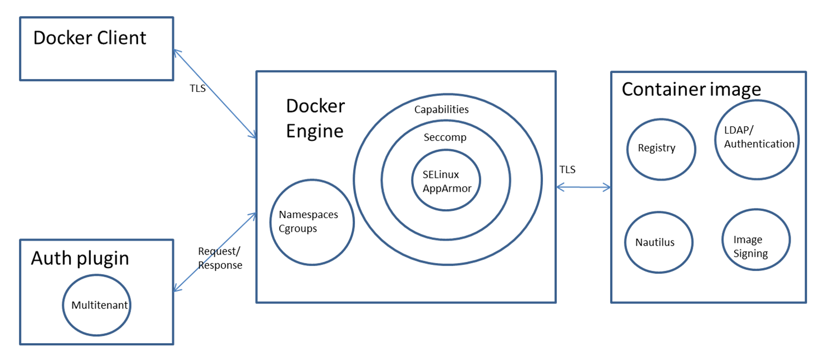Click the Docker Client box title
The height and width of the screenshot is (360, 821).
[x=90, y=38]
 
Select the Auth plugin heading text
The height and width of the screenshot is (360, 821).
[x=80, y=258]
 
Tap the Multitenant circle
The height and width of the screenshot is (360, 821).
[x=100, y=306]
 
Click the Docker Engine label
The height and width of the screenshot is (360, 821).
[x=315, y=118]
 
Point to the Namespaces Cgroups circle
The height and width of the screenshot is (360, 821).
[x=312, y=222]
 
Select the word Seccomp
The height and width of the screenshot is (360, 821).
[x=445, y=137]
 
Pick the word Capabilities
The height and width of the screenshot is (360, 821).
[x=441, y=110]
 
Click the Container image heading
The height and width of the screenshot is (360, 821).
[x=691, y=89]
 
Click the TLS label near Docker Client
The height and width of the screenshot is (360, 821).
[x=198, y=89]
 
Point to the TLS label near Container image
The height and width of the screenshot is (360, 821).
[x=568, y=170]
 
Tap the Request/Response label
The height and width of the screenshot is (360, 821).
[x=220, y=258]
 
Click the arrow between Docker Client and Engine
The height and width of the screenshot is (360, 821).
[x=215, y=94]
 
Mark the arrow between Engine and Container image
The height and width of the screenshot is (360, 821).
[x=583, y=188]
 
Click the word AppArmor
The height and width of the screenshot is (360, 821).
[x=447, y=188]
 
